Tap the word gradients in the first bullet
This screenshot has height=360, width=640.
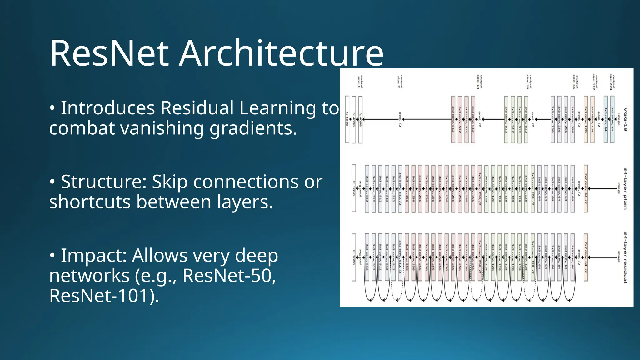click(253, 128)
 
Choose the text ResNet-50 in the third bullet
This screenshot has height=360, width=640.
click(229, 276)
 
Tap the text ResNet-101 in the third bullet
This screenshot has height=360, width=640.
click(100, 296)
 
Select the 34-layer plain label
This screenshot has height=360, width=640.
click(625, 188)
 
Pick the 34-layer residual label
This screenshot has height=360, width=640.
click(625, 257)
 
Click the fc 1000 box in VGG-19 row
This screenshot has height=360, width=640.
click(347, 119)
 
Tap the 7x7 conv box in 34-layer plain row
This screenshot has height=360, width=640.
click(586, 188)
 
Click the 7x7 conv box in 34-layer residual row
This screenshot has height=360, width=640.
click(586, 257)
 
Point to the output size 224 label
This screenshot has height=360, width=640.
click(612, 82)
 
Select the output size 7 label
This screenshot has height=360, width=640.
click(400, 82)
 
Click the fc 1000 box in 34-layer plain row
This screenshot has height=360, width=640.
click(354, 188)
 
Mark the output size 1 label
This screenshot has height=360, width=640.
click(360, 82)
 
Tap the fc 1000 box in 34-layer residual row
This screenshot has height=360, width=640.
click(354, 257)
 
